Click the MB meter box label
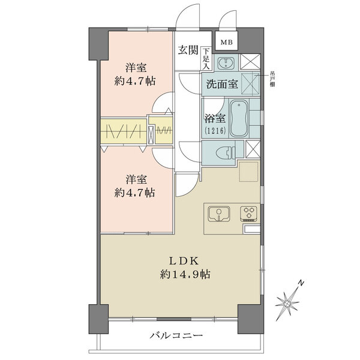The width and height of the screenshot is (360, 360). [227, 42]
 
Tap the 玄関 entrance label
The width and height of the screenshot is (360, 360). [188, 50]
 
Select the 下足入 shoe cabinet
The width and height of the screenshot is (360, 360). [206, 59]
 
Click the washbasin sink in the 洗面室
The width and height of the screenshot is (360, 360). [226, 62]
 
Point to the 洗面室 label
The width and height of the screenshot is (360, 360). [222, 84]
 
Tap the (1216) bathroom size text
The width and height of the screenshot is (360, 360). [215, 131]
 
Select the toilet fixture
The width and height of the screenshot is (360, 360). [226, 152]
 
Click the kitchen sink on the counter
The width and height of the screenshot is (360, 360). [219, 214]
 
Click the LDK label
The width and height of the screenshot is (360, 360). [184, 261]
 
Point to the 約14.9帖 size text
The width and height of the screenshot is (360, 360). [185, 274]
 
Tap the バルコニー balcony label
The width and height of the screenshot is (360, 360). [176, 336]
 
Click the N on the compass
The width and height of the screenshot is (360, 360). [301, 283]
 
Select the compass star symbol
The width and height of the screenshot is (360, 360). [287, 303]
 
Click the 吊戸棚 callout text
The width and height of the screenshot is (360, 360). [272, 79]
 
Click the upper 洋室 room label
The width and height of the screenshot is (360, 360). [136, 68]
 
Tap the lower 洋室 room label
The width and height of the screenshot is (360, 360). [136, 179]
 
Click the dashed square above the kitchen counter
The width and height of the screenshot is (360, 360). [249, 171]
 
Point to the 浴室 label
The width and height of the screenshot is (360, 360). [215, 119]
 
